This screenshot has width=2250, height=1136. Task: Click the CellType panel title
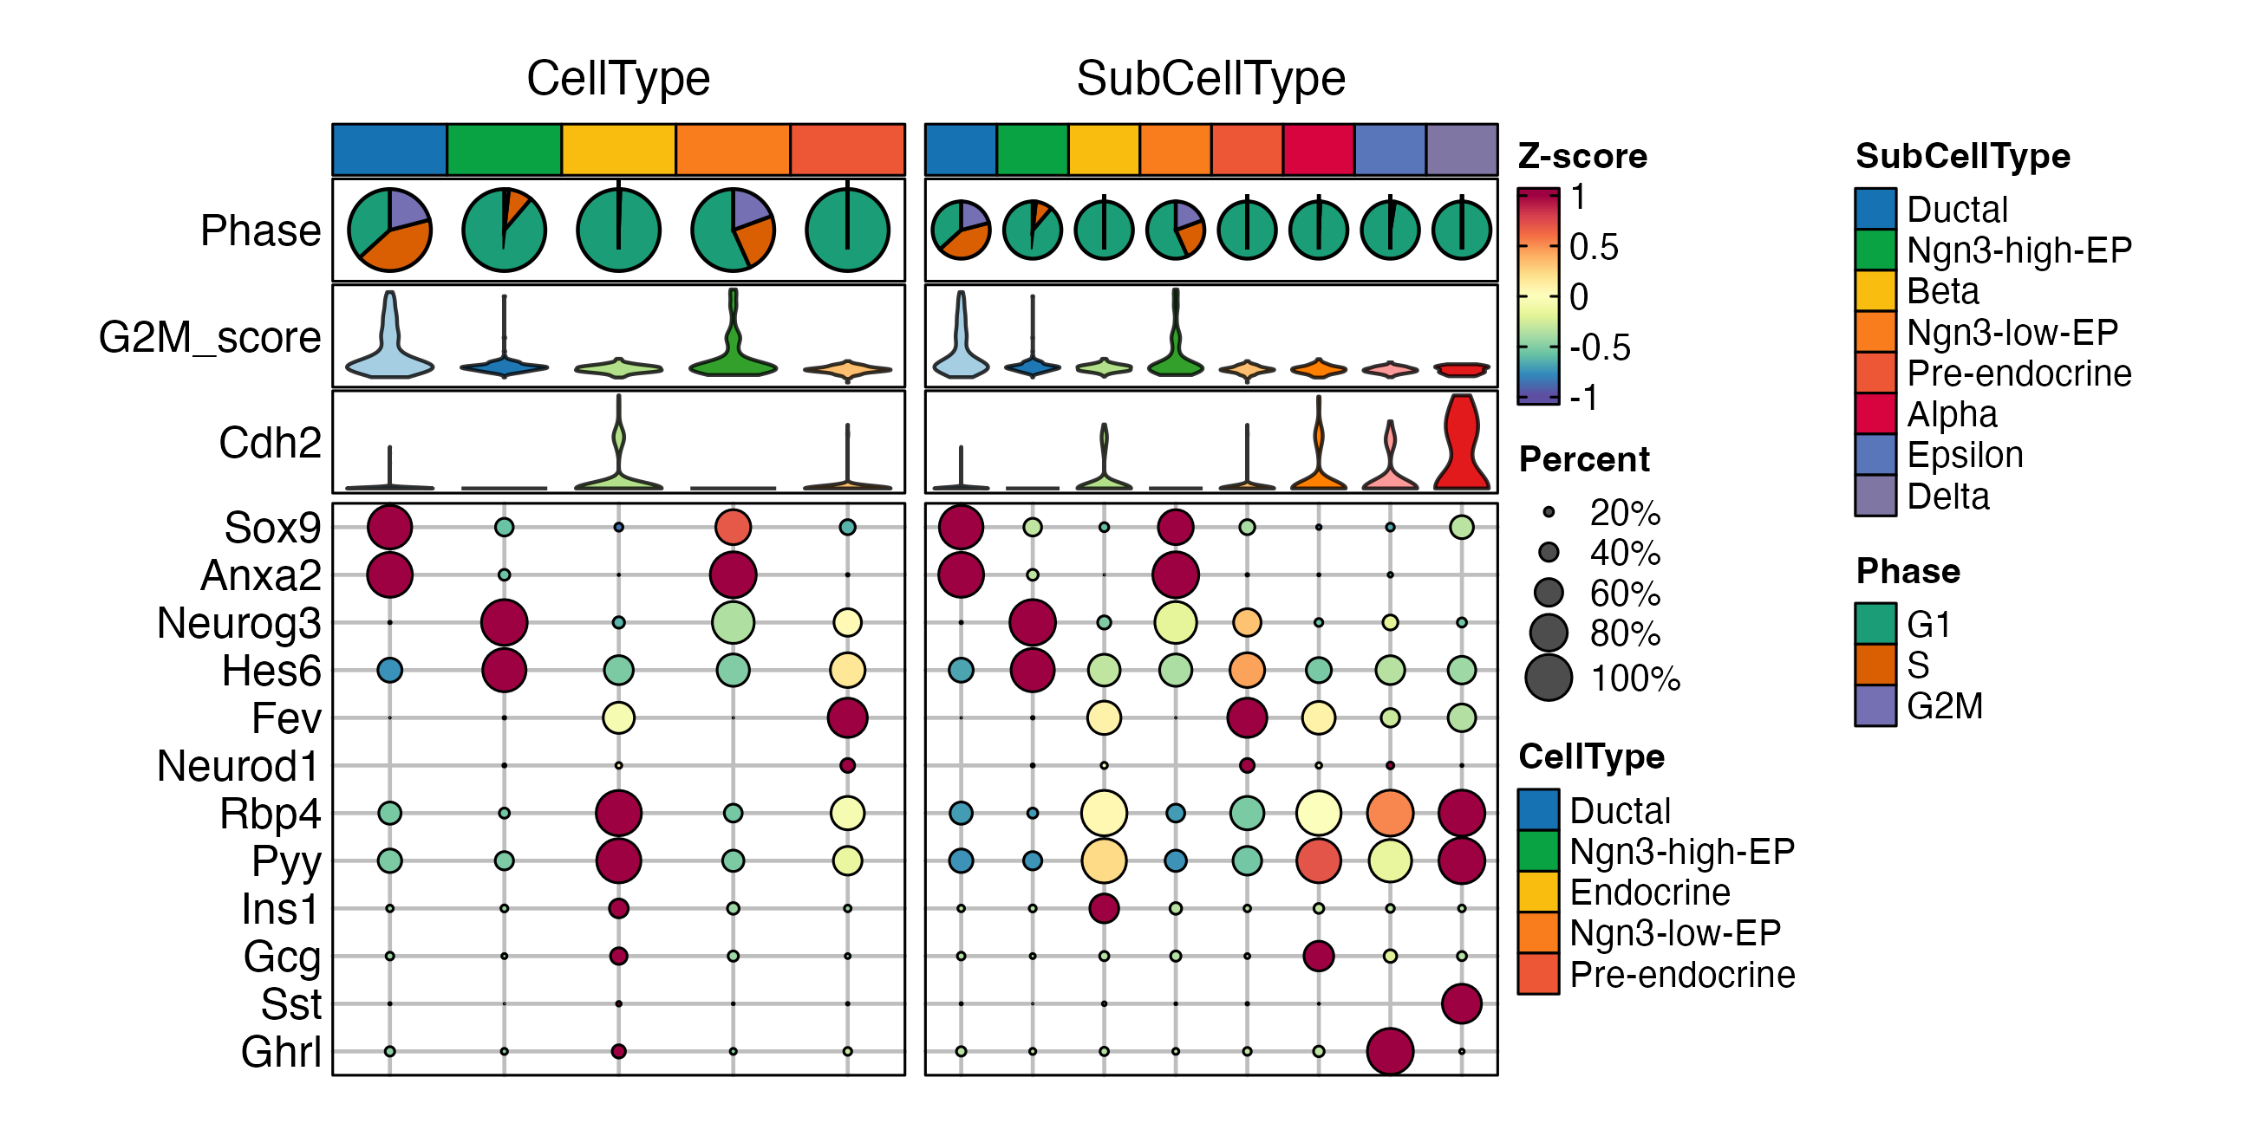tap(617, 79)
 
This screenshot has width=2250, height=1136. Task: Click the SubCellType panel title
tap(1210, 79)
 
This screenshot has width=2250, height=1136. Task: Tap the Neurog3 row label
tap(238, 623)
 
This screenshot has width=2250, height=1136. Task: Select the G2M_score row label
tap(210, 337)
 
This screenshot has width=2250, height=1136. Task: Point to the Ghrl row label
tap(281, 1051)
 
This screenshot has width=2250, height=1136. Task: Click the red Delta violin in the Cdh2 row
tap(1461, 445)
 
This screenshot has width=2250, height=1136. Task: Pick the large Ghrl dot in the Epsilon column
tap(1390, 1050)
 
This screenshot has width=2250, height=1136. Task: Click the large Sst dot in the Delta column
tap(1461, 1003)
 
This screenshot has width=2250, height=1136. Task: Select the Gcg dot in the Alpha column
tap(1318, 956)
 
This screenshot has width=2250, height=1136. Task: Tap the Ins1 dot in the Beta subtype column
tap(1104, 908)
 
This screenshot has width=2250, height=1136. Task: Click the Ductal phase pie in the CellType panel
tap(389, 230)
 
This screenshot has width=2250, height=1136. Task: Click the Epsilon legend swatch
tap(1875, 455)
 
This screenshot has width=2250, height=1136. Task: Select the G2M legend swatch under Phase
tap(1875, 705)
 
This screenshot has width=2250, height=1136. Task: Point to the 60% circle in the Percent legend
tap(1549, 593)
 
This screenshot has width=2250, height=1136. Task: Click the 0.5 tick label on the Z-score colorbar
tap(1593, 247)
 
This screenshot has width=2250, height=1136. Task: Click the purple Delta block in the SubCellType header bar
tap(1461, 149)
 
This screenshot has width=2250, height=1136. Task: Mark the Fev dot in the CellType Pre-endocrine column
tap(847, 717)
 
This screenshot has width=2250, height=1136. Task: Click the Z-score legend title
tap(1582, 156)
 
